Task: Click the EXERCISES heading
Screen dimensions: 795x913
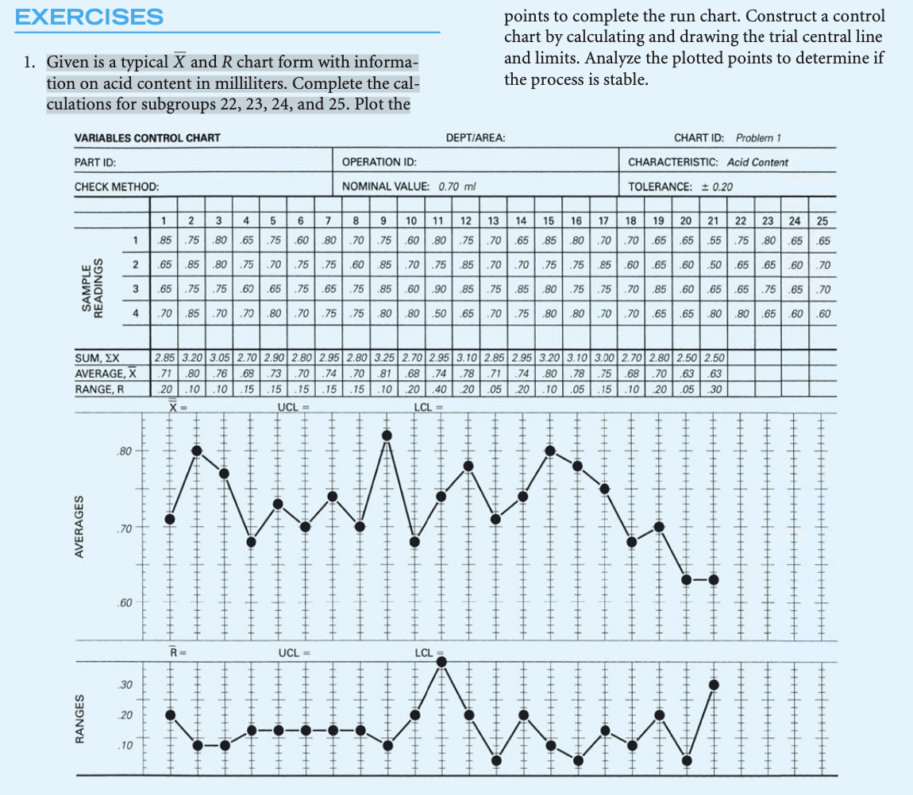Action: point(89,16)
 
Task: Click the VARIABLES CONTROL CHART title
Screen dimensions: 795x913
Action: point(147,138)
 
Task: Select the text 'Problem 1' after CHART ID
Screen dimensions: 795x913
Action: point(759,138)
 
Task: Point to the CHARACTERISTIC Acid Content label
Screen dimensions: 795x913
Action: point(708,163)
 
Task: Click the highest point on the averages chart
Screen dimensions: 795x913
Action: point(387,435)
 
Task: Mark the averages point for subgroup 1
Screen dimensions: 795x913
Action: point(170,519)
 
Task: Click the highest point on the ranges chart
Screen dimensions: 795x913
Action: point(441,661)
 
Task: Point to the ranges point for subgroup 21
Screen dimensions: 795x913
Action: point(714,685)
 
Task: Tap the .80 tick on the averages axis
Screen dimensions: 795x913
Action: point(122,451)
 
